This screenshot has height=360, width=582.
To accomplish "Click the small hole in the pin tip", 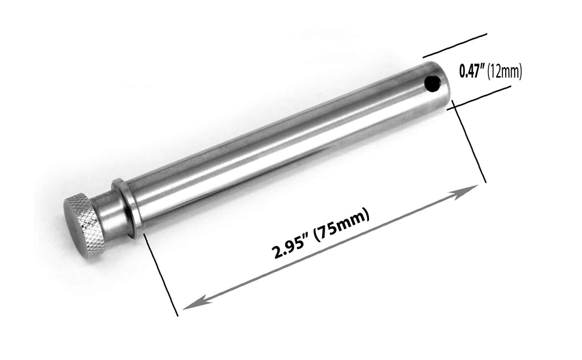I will click(x=431, y=84).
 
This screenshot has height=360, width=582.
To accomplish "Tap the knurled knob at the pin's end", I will click(x=84, y=226).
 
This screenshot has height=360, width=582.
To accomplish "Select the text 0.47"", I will click(x=472, y=71).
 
